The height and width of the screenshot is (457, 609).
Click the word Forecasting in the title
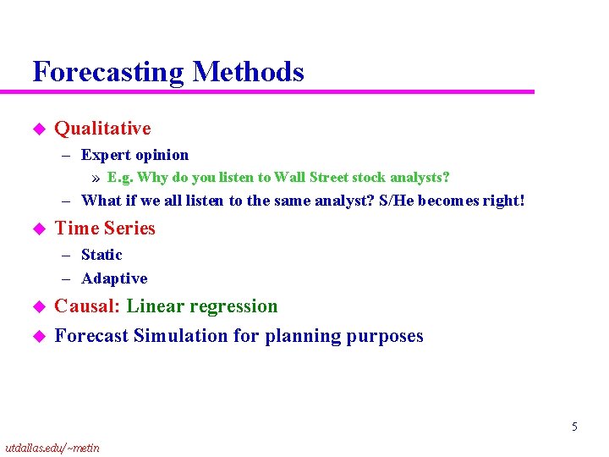pyautogui.click(x=108, y=72)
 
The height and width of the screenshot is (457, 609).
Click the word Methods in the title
pyautogui.click(x=248, y=72)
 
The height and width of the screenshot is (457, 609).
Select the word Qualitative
pyautogui.click(x=102, y=129)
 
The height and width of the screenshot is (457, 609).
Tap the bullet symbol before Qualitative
pyautogui.click(x=36, y=129)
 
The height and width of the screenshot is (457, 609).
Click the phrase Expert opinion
pyautogui.click(x=134, y=155)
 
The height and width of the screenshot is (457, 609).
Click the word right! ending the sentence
pyautogui.click(x=504, y=201)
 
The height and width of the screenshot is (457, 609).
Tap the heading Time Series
pyautogui.click(x=105, y=228)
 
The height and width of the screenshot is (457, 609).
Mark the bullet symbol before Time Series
pyautogui.click(x=36, y=228)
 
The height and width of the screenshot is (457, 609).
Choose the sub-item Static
pyautogui.click(x=101, y=255)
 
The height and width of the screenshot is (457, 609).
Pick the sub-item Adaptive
pyautogui.click(x=114, y=278)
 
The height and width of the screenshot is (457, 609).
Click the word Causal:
pyautogui.click(x=88, y=306)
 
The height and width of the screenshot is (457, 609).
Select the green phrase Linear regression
pyautogui.click(x=202, y=306)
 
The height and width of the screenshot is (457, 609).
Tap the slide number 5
pyautogui.click(x=574, y=427)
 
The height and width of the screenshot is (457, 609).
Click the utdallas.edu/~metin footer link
pyautogui.click(x=52, y=448)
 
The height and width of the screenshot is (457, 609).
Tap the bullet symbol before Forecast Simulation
pyautogui.click(x=36, y=336)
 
